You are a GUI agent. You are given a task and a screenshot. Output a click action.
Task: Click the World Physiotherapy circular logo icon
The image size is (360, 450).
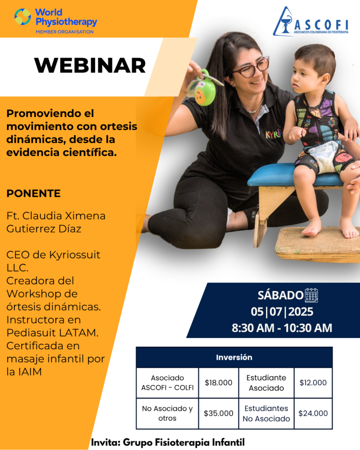[23, 17]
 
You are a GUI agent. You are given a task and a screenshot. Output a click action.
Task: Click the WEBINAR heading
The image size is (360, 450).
[90, 66]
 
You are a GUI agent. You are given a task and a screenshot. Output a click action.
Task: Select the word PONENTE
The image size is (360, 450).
[33, 193]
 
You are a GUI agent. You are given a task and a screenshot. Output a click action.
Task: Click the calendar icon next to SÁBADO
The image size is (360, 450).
[311, 295]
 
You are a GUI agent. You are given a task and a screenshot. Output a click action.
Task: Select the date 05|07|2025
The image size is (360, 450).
[282, 312]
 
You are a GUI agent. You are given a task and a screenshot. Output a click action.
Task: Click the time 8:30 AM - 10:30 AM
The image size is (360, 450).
[282, 328]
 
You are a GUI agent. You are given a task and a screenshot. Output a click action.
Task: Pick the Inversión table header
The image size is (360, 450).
[234, 357]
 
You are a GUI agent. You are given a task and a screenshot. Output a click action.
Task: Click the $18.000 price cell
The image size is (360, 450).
[218, 383]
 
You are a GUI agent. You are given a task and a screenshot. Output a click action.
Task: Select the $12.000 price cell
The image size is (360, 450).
[313, 383]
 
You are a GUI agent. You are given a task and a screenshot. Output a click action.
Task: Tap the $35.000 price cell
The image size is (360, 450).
[218, 414]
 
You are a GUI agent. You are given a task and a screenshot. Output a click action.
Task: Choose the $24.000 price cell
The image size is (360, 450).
[313, 414]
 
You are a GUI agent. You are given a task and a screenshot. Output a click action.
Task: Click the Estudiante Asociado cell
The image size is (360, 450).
[266, 383]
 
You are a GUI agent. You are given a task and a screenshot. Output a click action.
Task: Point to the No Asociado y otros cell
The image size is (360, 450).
[167, 414]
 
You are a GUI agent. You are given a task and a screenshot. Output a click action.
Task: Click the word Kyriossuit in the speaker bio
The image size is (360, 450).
[75, 255]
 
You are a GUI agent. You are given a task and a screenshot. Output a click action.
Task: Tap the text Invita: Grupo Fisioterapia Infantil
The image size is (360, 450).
[167, 442]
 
